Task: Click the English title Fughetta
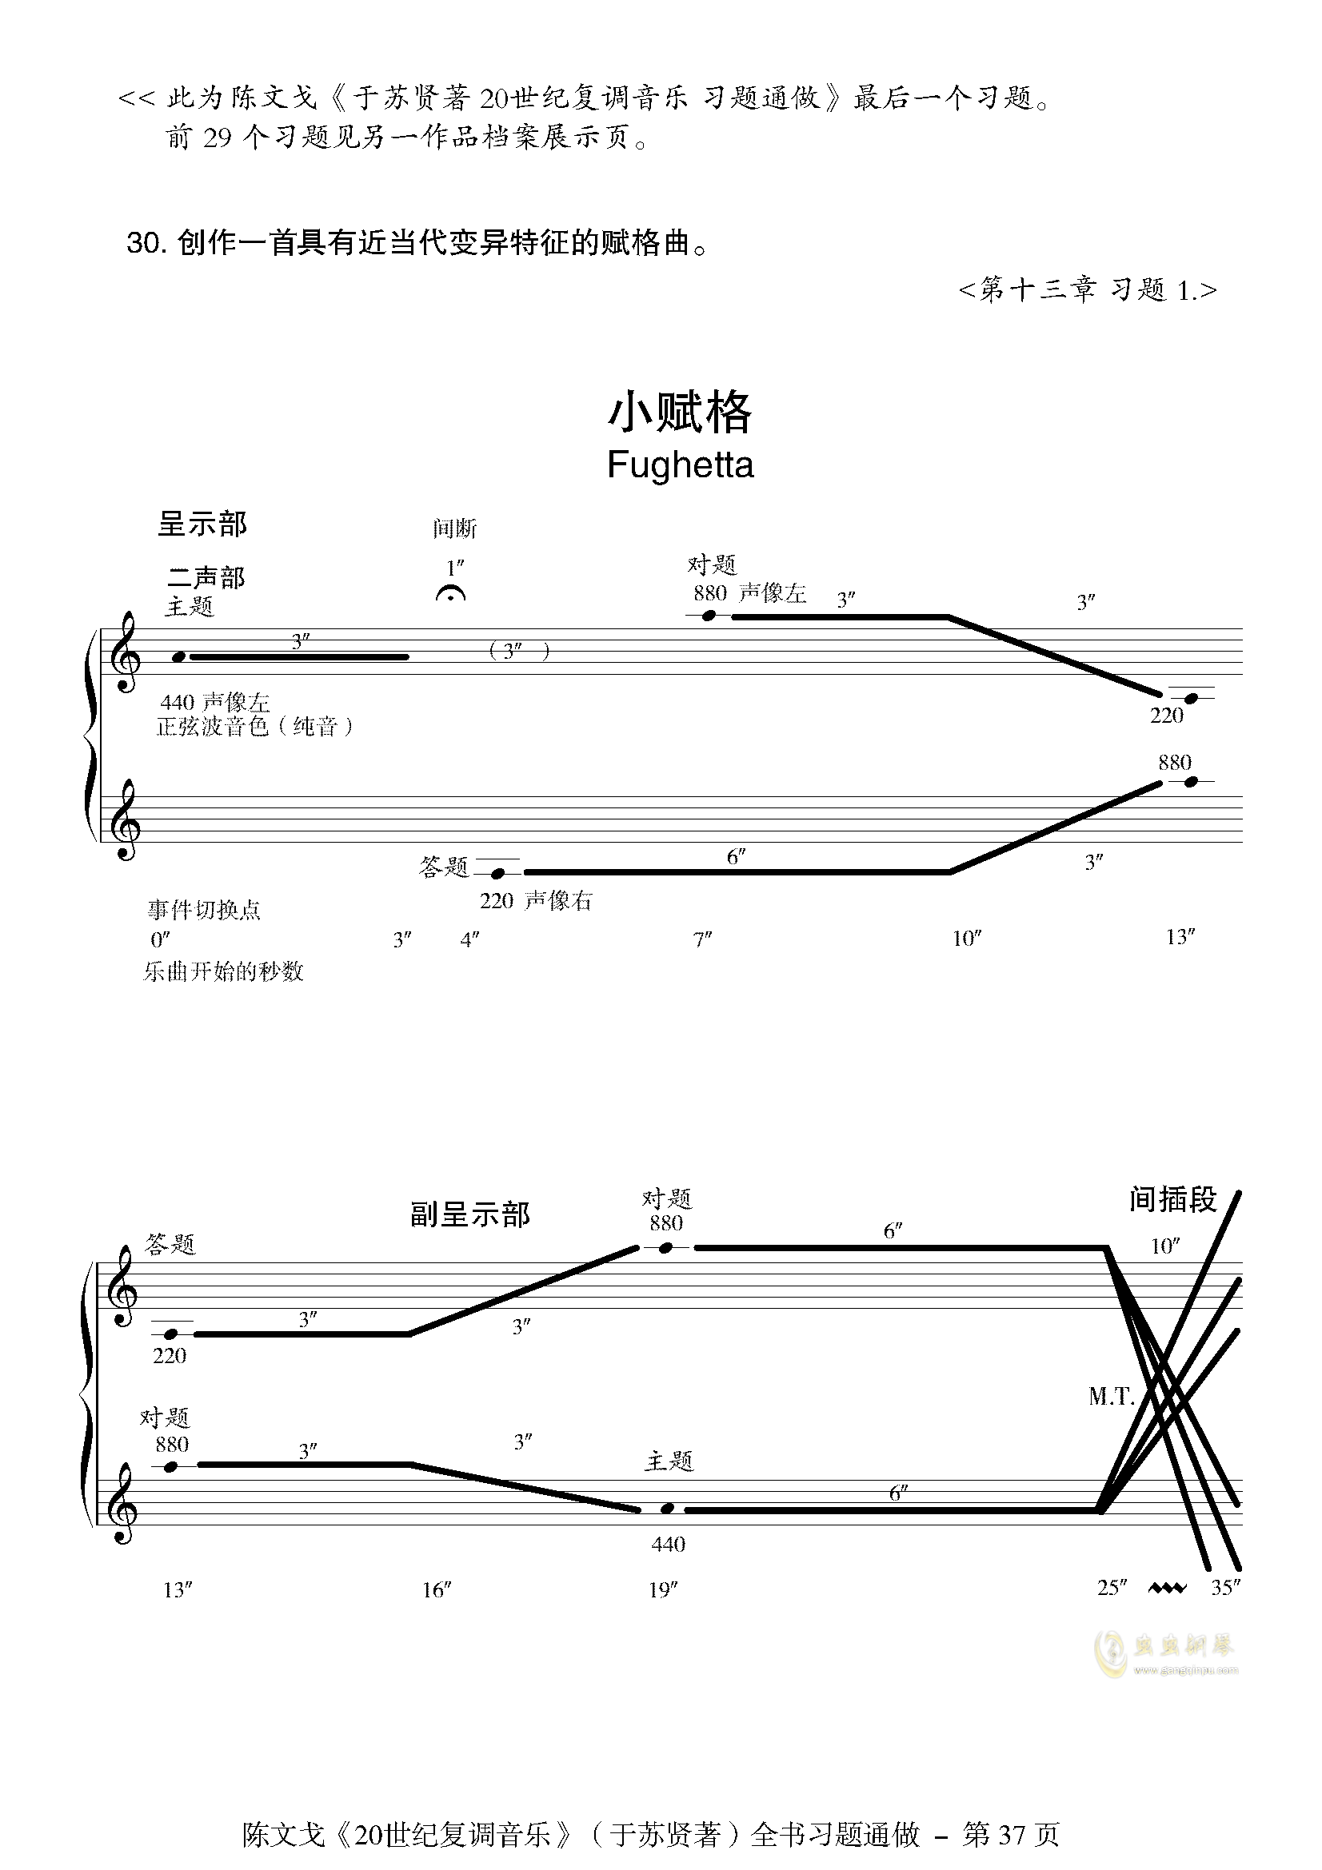(680, 465)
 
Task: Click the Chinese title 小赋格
(680, 412)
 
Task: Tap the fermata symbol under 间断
(450, 594)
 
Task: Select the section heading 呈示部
(202, 524)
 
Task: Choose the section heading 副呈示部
(470, 1214)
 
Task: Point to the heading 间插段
(1173, 1199)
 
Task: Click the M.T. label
(1111, 1397)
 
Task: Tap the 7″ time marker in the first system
(702, 939)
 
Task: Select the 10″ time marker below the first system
(967, 939)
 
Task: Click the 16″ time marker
(437, 1590)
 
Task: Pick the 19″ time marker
(663, 1590)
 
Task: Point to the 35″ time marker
(1226, 1588)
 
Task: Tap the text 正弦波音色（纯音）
(256, 727)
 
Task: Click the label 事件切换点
(204, 909)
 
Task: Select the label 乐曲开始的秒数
(223, 971)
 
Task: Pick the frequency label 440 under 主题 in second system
(668, 1543)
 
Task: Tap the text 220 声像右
(536, 901)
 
